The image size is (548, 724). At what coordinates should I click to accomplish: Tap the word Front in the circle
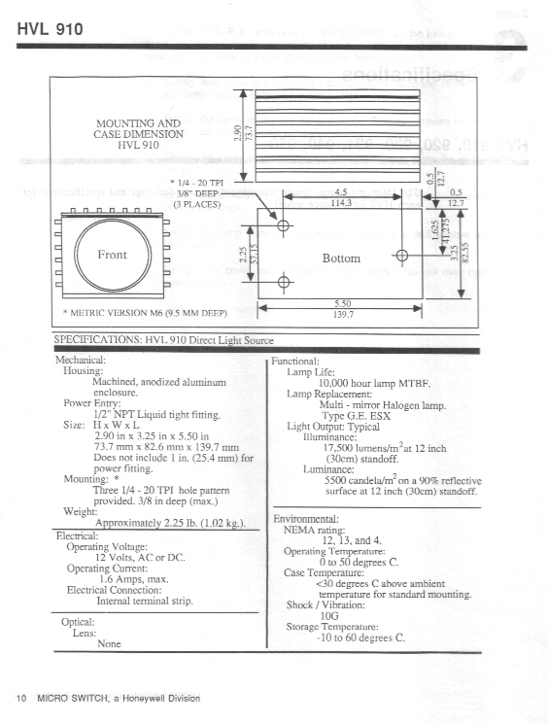pyautogui.click(x=113, y=255)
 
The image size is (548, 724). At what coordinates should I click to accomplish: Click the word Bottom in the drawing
pyautogui.click(x=341, y=259)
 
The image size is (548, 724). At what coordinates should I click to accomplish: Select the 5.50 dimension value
pyautogui.click(x=342, y=303)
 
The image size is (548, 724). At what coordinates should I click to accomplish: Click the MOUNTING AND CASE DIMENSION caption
pyautogui.click(x=138, y=134)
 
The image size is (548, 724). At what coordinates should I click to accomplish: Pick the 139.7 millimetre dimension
pyautogui.click(x=342, y=316)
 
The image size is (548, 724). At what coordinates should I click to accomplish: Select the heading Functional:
pyautogui.click(x=297, y=361)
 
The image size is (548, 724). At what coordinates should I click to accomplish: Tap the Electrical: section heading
pyautogui.click(x=77, y=535)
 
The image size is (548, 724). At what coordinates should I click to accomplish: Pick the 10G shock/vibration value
pyautogui.click(x=330, y=615)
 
